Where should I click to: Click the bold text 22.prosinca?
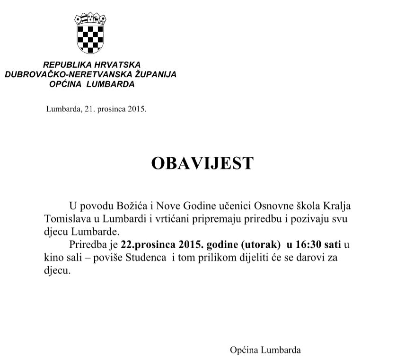148,245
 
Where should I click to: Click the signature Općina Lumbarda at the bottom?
265,351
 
